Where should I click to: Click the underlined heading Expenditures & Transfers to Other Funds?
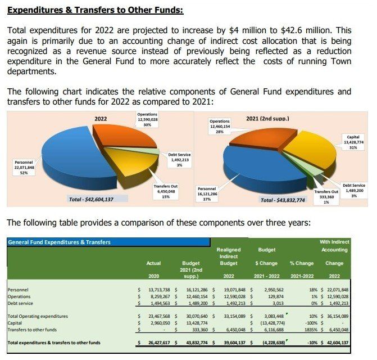(x=96, y=10)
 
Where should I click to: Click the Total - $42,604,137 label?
(x=90, y=199)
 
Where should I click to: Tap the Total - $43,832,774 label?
(x=283, y=200)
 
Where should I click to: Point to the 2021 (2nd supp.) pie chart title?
(x=268, y=119)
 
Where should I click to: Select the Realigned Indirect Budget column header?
(x=228, y=256)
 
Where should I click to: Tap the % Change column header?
(x=302, y=263)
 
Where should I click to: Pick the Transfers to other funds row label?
(x=31, y=330)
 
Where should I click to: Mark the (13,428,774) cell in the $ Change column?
(x=271, y=323)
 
